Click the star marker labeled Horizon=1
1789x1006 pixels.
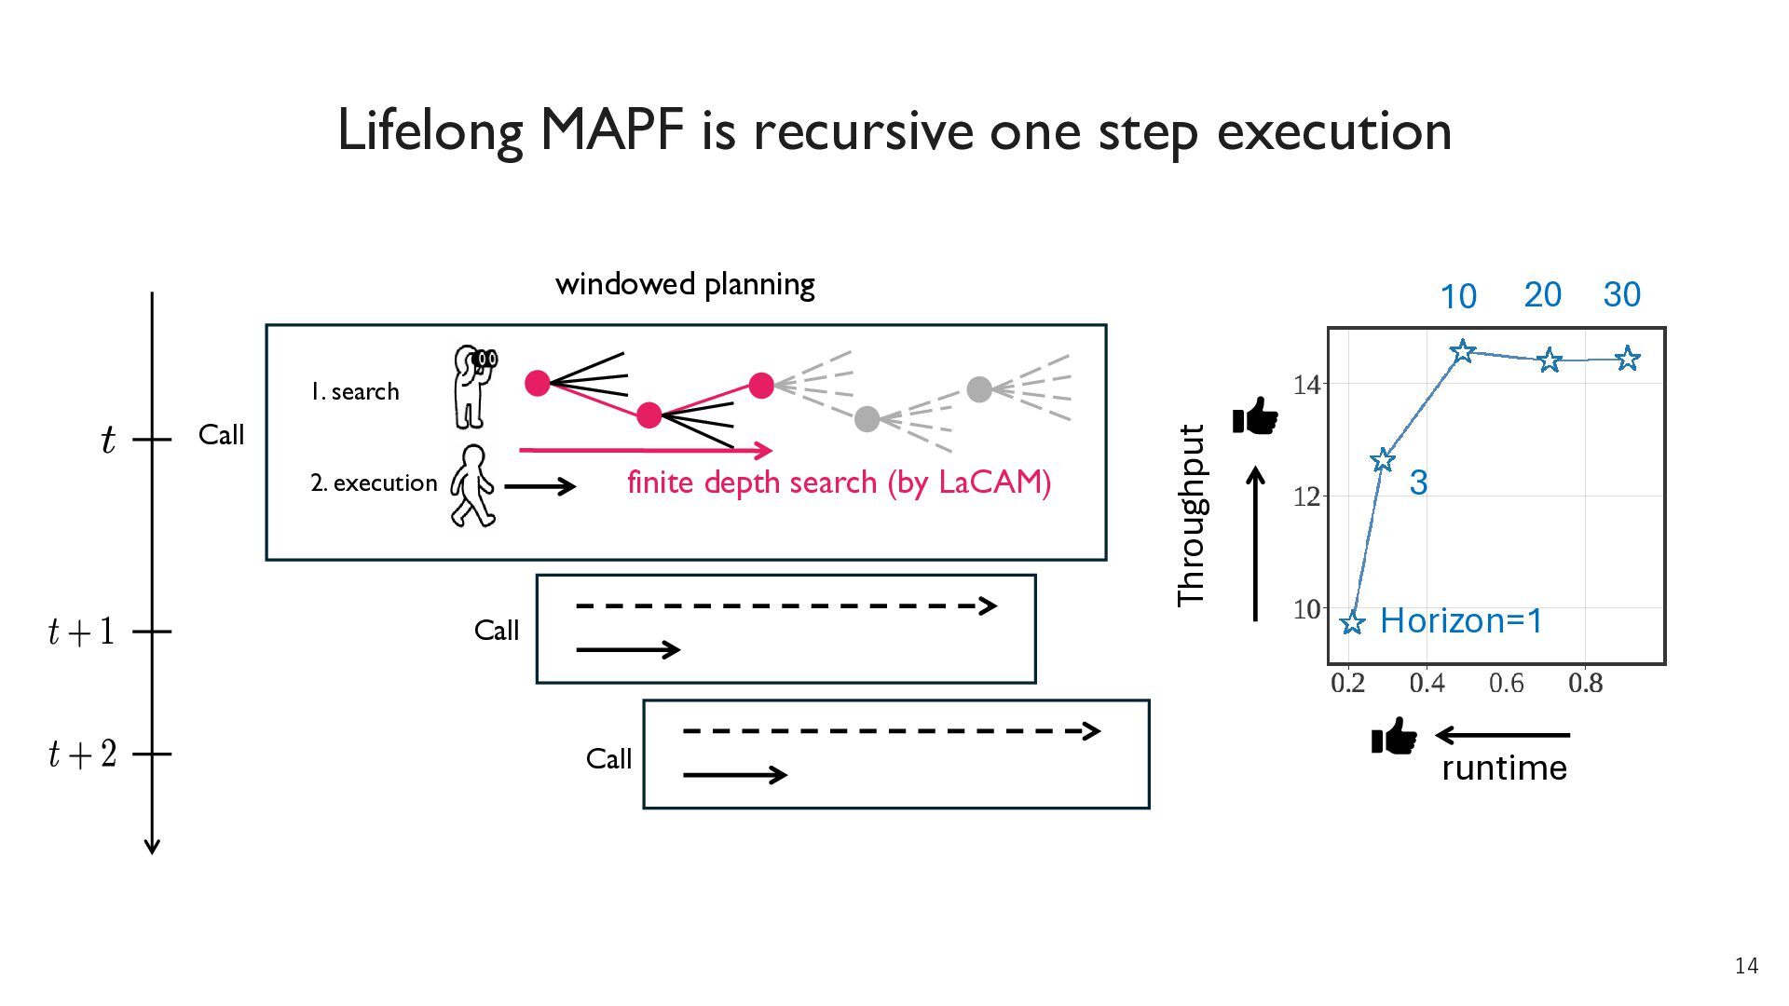click(x=1352, y=622)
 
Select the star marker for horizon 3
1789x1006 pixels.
click(x=1383, y=459)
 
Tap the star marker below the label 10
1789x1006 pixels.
click(x=1463, y=351)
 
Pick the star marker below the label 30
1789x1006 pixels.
click(x=1627, y=358)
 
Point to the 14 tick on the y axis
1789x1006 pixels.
click(x=1307, y=384)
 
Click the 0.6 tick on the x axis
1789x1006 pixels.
click(x=1506, y=684)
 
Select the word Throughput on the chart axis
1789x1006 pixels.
click(x=1192, y=515)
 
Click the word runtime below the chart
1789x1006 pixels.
click(x=1504, y=768)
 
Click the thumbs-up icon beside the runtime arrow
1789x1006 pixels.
click(x=1394, y=737)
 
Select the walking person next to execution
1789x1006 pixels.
click(x=472, y=485)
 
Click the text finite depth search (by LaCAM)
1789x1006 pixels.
click(x=839, y=483)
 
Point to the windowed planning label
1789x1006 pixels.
click(x=685, y=284)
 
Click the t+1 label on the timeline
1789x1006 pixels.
click(x=82, y=632)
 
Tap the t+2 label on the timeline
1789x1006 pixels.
click(x=83, y=754)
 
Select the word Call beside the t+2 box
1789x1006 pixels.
click(x=608, y=759)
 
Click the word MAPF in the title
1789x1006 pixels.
click(x=612, y=129)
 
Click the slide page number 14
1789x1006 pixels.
click(x=1746, y=966)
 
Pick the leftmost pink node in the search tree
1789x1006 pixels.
click(x=538, y=383)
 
